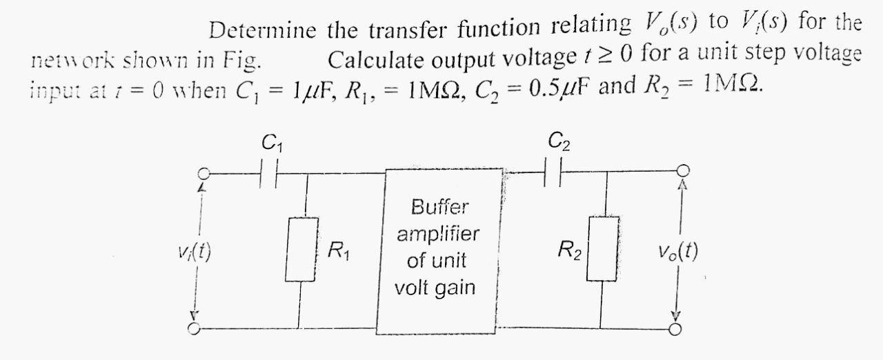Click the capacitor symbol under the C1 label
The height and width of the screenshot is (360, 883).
click(x=269, y=174)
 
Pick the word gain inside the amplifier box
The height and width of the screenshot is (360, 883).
click(x=455, y=287)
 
